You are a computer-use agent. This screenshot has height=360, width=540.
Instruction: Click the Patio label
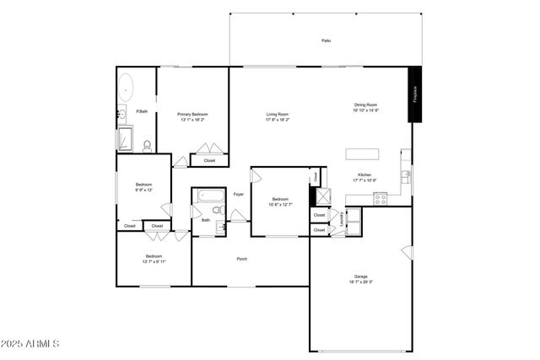pos(326,40)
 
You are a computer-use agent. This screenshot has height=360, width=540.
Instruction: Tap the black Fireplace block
pos(414,94)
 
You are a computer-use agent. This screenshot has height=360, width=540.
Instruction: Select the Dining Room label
pos(365,105)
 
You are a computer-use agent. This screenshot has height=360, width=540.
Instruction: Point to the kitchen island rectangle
pos(361,154)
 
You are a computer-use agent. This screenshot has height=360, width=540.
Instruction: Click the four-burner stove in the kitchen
pos(381,199)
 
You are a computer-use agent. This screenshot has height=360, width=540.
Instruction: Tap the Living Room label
pos(278,114)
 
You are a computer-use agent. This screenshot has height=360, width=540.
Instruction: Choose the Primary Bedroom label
pos(192,114)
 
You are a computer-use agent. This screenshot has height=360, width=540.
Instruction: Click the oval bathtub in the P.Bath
pos(125,87)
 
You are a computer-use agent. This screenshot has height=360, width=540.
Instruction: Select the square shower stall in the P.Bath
pos(125,138)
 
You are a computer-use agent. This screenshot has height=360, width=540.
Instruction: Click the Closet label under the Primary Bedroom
pos(209,160)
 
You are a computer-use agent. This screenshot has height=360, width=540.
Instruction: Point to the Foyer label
pos(239,195)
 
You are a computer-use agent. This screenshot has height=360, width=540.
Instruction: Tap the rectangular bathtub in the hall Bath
pos(208,196)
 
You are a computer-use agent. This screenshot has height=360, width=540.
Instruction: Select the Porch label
pos(241,258)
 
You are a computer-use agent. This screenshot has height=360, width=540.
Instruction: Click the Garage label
pos(360,277)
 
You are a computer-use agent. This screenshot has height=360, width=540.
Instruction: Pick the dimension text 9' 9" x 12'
pos(143,191)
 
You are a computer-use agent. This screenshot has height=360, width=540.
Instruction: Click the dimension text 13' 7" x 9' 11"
pos(154,261)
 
